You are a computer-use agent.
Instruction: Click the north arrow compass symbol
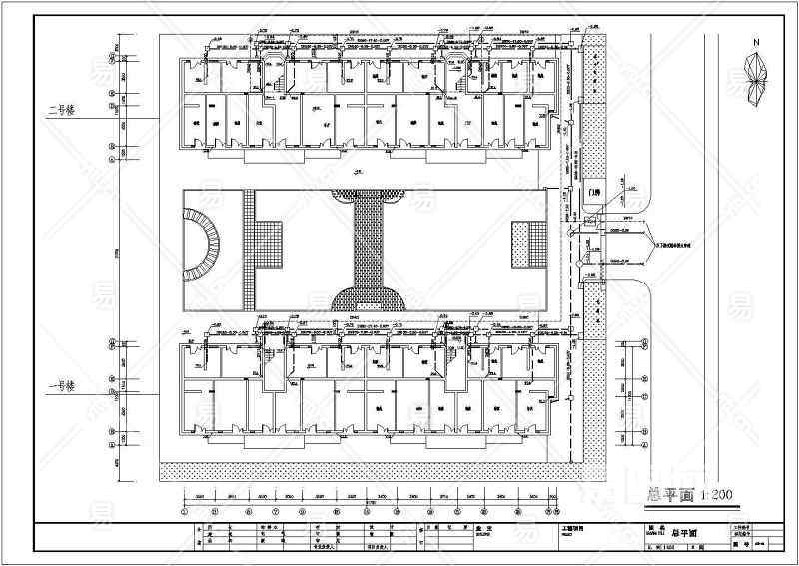(x=756, y=75)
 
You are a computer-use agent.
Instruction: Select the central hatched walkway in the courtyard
(x=370, y=240)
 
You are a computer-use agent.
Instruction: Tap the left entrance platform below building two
(x=255, y=155)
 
